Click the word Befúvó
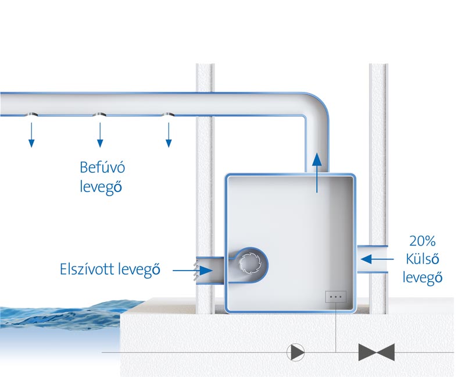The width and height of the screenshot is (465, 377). click(x=102, y=168)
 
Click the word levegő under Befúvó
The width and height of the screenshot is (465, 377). click(x=101, y=187)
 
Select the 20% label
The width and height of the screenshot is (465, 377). click(x=423, y=241)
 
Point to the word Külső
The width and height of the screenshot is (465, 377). click(x=423, y=259)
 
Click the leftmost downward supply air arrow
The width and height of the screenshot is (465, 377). click(x=31, y=135)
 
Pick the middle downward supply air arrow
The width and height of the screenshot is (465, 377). click(x=100, y=135)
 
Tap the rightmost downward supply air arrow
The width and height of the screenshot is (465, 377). click(x=169, y=135)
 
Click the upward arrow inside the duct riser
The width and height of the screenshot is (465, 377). click(x=317, y=173)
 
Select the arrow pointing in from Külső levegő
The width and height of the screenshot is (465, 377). click(x=377, y=259)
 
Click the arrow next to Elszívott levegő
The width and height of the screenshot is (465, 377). click(x=192, y=271)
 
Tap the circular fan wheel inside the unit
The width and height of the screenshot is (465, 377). click(x=249, y=263)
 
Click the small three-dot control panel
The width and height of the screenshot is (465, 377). click(x=336, y=297)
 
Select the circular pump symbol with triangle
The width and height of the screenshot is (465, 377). click(x=296, y=353)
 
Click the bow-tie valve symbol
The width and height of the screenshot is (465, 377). click(x=377, y=353)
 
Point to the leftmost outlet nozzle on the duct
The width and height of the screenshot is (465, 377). click(x=31, y=115)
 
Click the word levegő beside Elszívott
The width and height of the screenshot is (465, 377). click(x=139, y=269)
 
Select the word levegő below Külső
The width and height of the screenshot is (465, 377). click(x=423, y=278)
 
